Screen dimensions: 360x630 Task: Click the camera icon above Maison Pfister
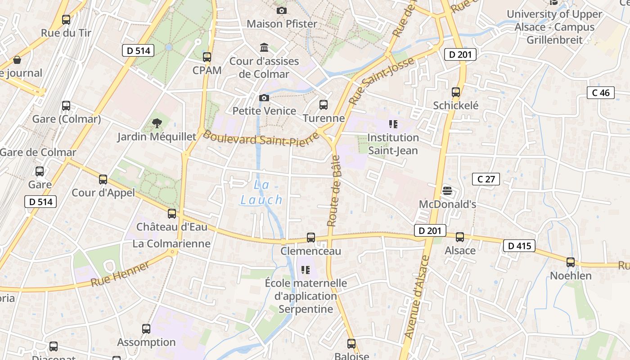(282, 10)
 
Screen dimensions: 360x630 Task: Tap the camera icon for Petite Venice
(264, 98)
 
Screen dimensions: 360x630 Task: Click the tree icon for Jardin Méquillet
(157, 123)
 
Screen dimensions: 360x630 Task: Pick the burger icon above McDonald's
(447, 191)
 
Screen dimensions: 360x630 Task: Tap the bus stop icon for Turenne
(323, 105)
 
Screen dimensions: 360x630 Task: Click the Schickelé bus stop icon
(456, 92)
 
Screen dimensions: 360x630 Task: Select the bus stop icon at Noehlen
(571, 262)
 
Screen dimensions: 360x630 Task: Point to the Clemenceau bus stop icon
(311, 238)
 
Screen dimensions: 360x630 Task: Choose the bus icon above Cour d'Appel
(103, 180)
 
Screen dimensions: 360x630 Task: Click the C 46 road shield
(601, 93)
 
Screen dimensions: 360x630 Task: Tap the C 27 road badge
(486, 179)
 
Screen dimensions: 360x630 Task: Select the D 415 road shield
(519, 246)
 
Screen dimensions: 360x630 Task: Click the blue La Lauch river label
(261, 192)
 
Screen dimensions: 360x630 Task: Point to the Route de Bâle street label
(333, 191)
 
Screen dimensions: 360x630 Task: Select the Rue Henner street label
(120, 274)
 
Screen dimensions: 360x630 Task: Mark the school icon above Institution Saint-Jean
(393, 124)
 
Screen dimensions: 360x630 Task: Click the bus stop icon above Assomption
(146, 328)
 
